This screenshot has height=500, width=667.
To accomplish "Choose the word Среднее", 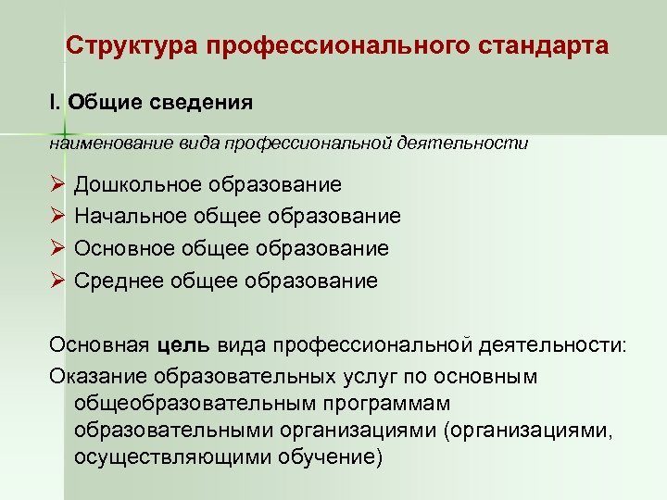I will pyautogui.click(x=118, y=281).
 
